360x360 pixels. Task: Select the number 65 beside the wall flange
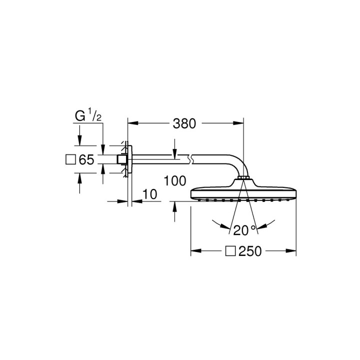coord(86,160)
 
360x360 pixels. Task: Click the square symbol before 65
coord(71,160)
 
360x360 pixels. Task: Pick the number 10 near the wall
coord(149,193)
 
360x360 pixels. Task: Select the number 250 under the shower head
coord(250,251)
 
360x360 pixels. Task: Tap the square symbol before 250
coord(231,251)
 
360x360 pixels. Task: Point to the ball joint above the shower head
coord(243,178)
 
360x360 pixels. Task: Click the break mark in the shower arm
coord(189,160)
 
